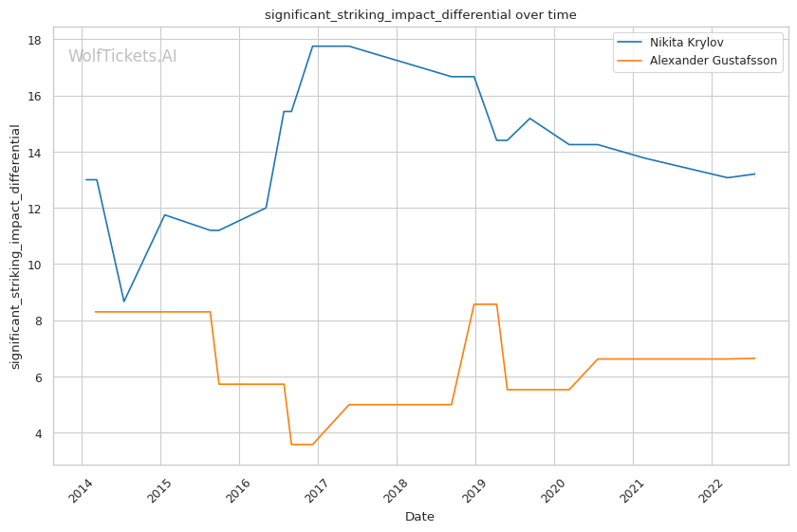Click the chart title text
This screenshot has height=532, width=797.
tap(420, 15)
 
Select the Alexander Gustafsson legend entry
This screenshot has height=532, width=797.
tap(713, 61)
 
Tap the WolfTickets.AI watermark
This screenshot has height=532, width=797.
tap(122, 57)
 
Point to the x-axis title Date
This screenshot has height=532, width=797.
tap(419, 517)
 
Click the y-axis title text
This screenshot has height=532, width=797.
tap(15, 247)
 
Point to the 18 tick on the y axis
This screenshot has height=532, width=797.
tap(33, 40)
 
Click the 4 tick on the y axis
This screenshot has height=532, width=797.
tap(37, 433)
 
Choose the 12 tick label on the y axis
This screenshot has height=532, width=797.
tap(33, 209)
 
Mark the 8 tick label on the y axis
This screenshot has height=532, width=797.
tap(37, 321)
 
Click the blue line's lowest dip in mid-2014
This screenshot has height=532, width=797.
tap(123, 302)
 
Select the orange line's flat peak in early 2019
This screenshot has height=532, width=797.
tap(485, 304)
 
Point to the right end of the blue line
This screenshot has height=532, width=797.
tap(754, 174)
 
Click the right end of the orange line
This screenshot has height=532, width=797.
tap(754, 358)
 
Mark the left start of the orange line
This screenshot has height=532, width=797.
tap(95, 312)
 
